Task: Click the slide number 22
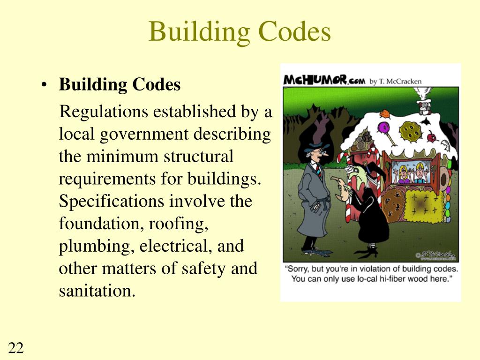pyautogui.click(x=16, y=348)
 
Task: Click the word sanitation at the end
pyautogui.click(x=97, y=292)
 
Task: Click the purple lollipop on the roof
pyautogui.click(x=384, y=127)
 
